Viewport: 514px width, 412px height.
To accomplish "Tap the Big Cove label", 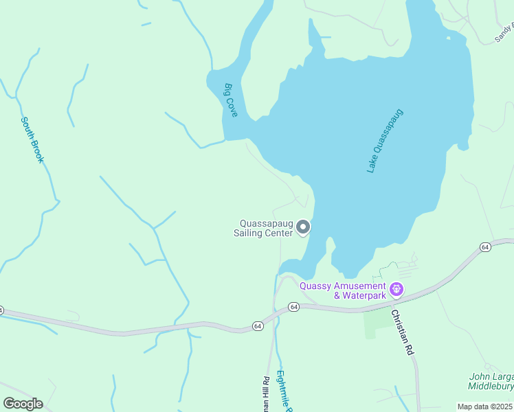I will (230, 100).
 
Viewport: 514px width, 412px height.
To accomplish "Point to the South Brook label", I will (32, 139).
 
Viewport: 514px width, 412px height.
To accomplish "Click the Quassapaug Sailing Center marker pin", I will (303, 227).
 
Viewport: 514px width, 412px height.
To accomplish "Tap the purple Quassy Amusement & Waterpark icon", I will (396, 290).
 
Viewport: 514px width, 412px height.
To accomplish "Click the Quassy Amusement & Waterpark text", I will (360, 290).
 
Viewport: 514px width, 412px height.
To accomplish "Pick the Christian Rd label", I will (403, 332).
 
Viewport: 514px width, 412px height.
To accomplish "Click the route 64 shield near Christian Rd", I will (293, 306).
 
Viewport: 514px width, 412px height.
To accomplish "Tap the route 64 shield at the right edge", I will (485, 247).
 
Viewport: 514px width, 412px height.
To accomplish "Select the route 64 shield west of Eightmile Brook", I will (257, 325).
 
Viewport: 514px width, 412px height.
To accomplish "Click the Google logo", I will (23, 404).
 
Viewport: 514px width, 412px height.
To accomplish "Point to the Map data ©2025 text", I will (485, 407).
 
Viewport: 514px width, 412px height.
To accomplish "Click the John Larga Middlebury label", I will (491, 381).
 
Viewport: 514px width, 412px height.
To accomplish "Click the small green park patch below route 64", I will (370, 323).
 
